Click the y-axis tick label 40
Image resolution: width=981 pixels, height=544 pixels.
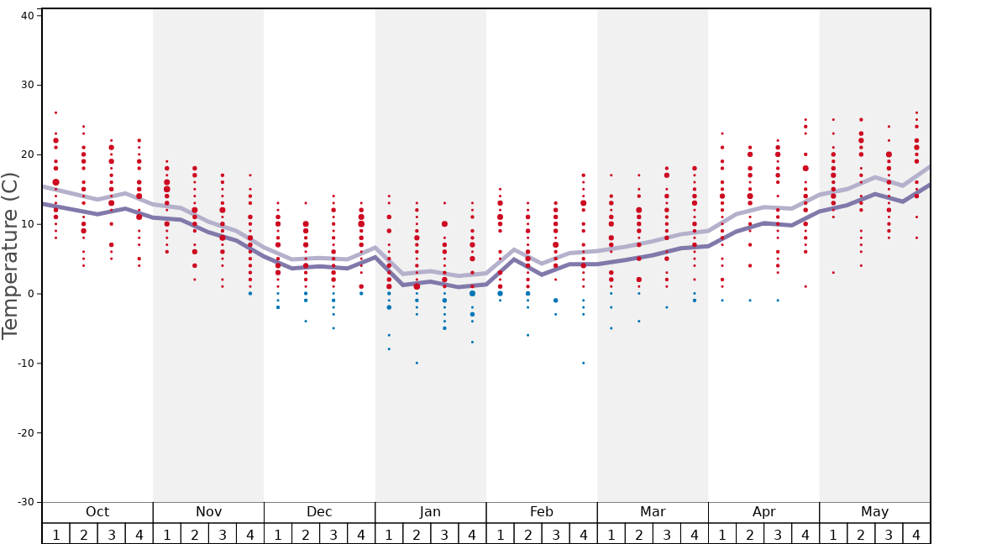click(x=27, y=15)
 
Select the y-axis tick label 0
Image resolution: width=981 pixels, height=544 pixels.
click(x=30, y=294)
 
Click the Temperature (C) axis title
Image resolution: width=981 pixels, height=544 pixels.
click(x=10, y=255)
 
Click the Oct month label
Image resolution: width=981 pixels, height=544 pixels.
click(x=97, y=512)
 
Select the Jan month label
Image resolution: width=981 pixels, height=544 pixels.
click(x=430, y=512)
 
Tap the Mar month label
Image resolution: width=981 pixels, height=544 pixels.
click(x=653, y=512)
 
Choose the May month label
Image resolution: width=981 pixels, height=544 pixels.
click(x=874, y=512)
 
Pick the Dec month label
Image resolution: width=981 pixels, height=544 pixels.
click(x=319, y=512)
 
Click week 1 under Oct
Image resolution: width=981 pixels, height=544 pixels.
click(x=56, y=534)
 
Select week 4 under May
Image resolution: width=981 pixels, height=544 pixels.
click(x=916, y=534)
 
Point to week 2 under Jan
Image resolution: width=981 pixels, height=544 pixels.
click(x=417, y=534)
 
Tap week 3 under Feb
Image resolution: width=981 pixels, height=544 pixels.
click(x=555, y=534)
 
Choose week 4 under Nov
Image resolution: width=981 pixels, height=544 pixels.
click(x=250, y=534)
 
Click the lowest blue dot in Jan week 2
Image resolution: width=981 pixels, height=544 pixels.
click(x=417, y=363)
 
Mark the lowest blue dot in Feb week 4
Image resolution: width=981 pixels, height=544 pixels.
click(x=584, y=363)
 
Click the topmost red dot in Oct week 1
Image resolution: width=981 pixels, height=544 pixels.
click(x=56, y=112)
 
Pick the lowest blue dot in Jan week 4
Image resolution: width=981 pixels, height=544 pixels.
click(x=472, y=342)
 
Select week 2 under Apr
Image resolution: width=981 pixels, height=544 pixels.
click(x=750, y=534)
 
